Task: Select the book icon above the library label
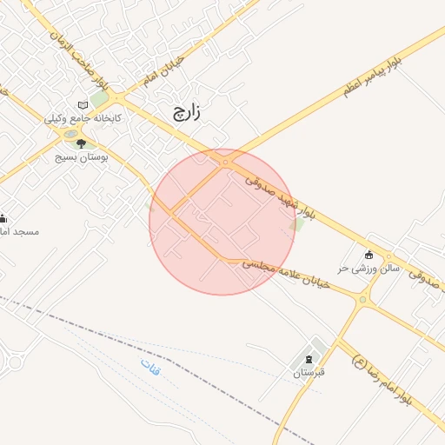[x=83, y=104]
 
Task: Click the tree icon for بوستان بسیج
[x=81, y=143]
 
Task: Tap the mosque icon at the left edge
[x=3, y=217]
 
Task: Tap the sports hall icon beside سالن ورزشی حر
[x=369, y=255]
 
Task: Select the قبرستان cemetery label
[x=308, y=373]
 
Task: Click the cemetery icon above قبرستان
[x=309, y=360]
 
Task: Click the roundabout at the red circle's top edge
[x=225, y=162]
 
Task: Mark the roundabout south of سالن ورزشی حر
[x=362, y=300]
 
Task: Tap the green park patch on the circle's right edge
[x=297, y=225]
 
